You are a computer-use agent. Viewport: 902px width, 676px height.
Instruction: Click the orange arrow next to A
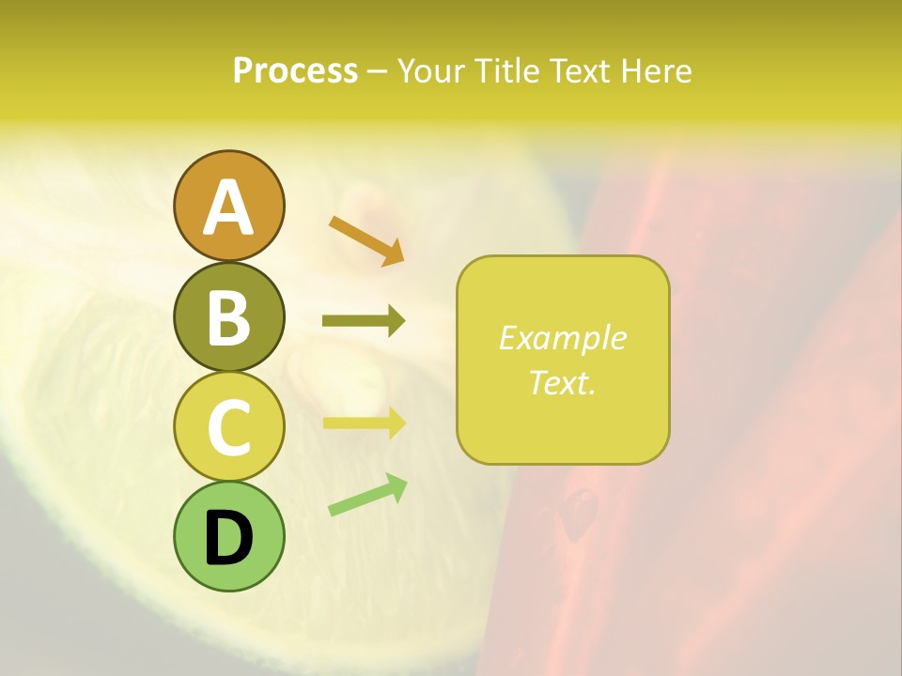click(366, 239)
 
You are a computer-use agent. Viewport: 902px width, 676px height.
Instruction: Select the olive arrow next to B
click(364, 321)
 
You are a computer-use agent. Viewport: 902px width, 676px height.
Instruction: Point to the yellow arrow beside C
click(364, 422)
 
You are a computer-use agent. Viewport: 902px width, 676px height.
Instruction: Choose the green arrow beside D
click(367, 495)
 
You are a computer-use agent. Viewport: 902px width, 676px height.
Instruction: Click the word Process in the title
click(295, 70)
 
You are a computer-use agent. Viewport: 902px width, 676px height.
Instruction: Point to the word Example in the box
click(563, 338)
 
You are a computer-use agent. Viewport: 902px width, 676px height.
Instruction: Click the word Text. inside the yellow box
click(563, 382)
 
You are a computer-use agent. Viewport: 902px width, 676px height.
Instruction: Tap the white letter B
click(228, 317)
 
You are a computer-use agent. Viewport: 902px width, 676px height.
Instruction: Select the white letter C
click(228, 427)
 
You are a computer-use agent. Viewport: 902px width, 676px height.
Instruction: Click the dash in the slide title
click(377, 71)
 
